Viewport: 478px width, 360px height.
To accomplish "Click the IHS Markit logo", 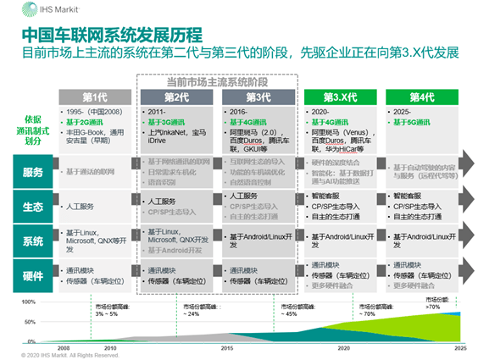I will click(36, 10).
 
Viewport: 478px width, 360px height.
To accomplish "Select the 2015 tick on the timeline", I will click(225, 347).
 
